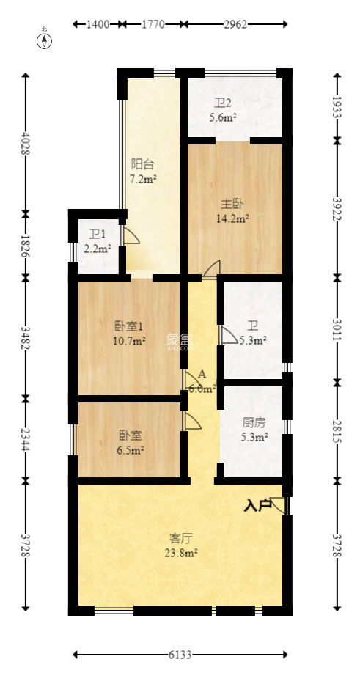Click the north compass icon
[45, 40]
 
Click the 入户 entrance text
[256, 505]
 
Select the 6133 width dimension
[180, 655]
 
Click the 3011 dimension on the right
[337, 330]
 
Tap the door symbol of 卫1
[131, 236]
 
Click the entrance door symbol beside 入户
[279, 504]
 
